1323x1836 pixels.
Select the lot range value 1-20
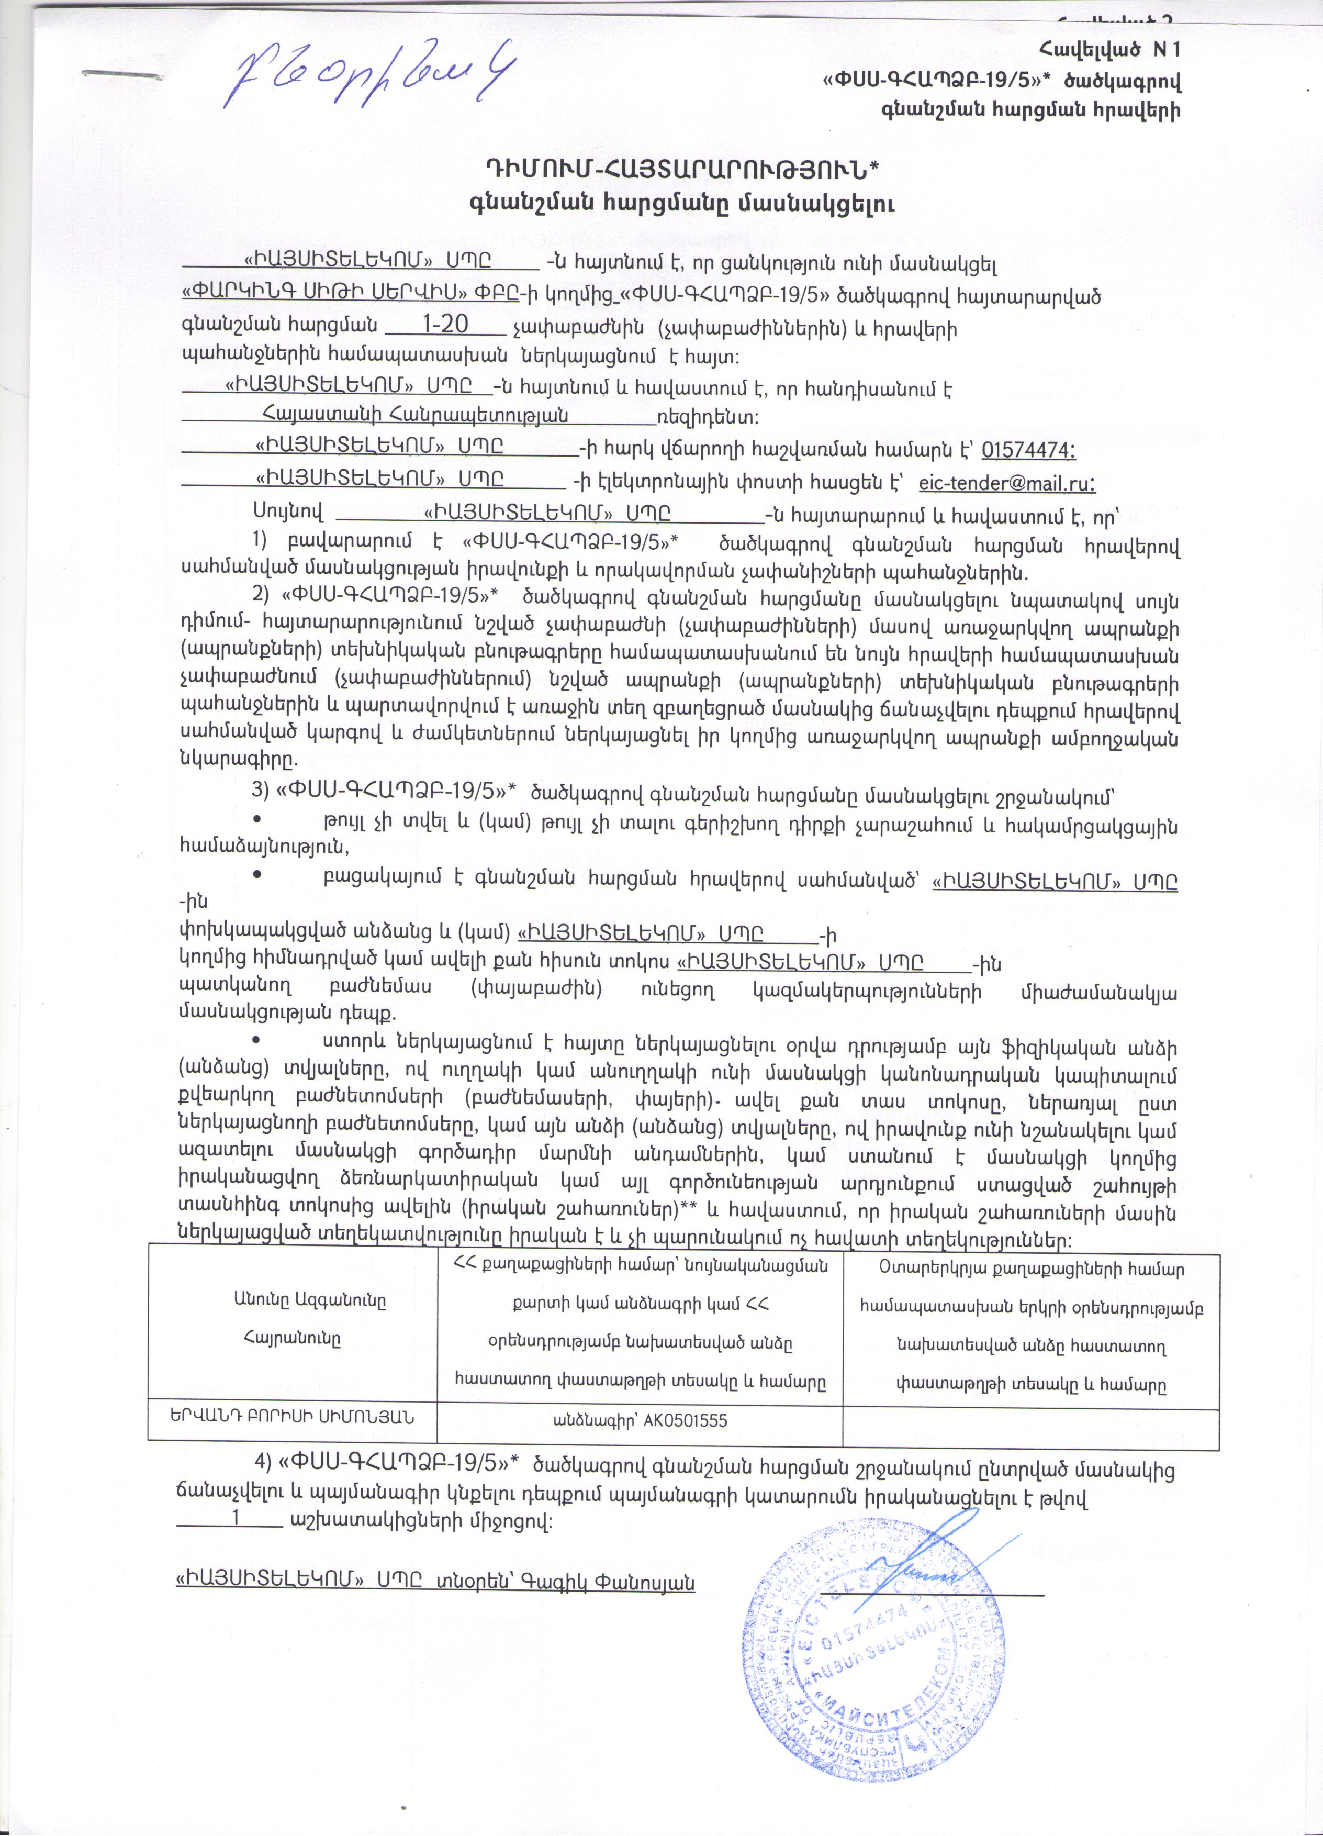tap(445, 325)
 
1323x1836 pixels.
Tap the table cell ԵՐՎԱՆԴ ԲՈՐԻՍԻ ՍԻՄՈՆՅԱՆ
tap(291, 1418)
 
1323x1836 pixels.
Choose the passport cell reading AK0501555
tap(639, 1419)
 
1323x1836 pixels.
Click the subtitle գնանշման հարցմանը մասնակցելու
tap(681, 203)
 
